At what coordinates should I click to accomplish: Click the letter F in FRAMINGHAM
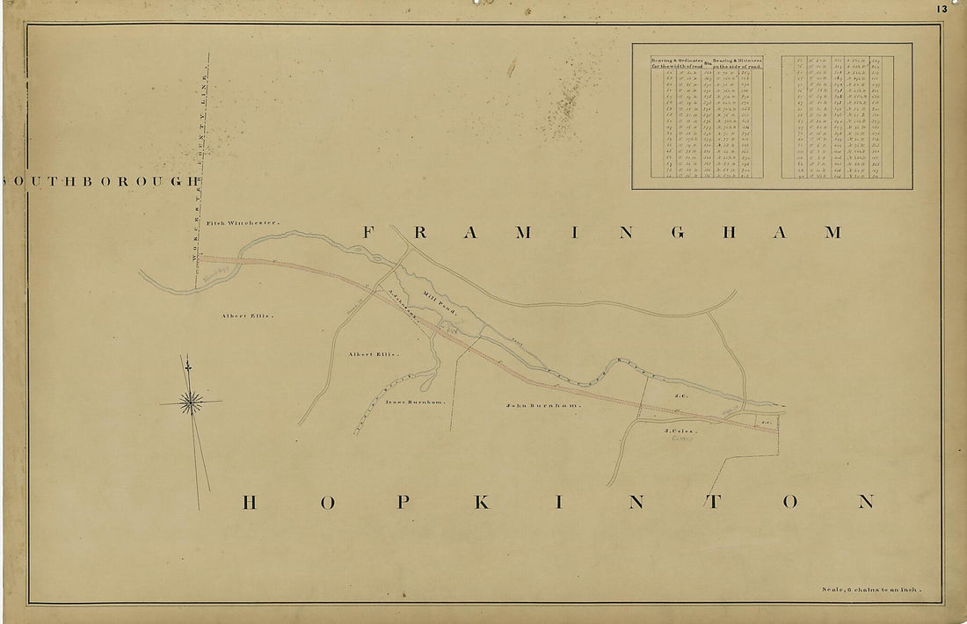pos(370,233)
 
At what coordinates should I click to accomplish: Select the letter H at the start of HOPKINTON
pos(249,502)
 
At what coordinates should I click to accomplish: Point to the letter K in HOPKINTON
pos(481,502)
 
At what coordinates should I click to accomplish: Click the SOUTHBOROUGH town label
pos(101,181)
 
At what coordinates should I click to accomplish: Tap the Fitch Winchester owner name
pos(243,223)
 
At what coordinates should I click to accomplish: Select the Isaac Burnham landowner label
pos(416,402)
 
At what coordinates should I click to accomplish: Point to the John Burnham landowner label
pos(542,406)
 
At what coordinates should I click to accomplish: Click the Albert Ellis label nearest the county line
pos(248,315)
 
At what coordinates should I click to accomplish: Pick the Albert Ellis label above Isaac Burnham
pos(373,354)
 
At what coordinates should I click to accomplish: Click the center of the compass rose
pos(190,403)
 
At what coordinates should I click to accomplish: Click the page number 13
pos(942,9)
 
